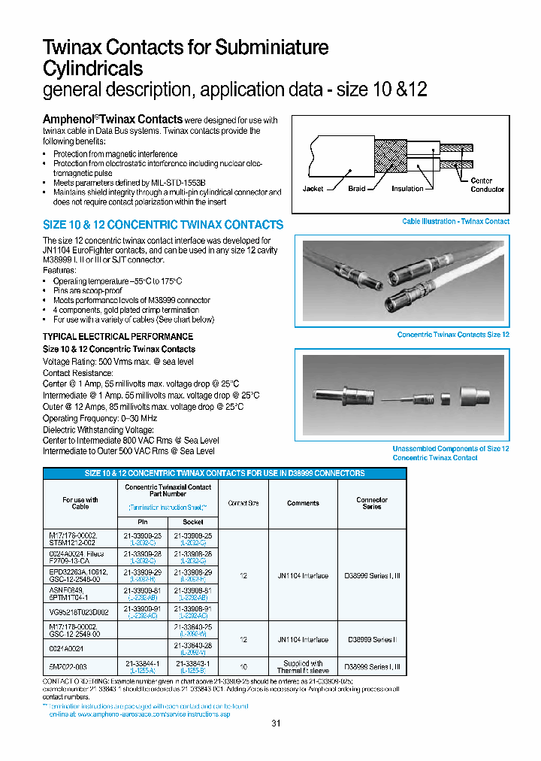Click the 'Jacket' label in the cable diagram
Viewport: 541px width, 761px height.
(x=313, y=189)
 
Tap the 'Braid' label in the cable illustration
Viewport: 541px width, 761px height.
(x=356, y=189)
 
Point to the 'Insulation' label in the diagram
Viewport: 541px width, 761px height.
(x=407, y=189)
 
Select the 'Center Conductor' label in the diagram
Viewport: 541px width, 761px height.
(x=487, y=185)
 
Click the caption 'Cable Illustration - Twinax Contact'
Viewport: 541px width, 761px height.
(x=455, y=222)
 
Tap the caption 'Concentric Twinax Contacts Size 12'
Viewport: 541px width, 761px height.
(x=453, y=335)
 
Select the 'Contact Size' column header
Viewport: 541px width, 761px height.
(x=243, y=503)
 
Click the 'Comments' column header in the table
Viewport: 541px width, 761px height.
(x=303, y=503)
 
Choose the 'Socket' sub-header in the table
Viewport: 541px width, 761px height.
(x=193, y=521)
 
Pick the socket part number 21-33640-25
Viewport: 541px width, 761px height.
(x=193, y=626)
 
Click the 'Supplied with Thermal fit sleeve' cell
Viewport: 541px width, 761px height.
(x=303, y=666)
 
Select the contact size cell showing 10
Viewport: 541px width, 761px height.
(x=243, y=666)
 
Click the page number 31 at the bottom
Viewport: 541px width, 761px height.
(x=275, y=723)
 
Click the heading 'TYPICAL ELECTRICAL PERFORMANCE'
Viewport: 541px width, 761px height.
(x=118, y=336)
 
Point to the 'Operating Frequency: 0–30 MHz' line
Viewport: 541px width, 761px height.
(x=100, y=418)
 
